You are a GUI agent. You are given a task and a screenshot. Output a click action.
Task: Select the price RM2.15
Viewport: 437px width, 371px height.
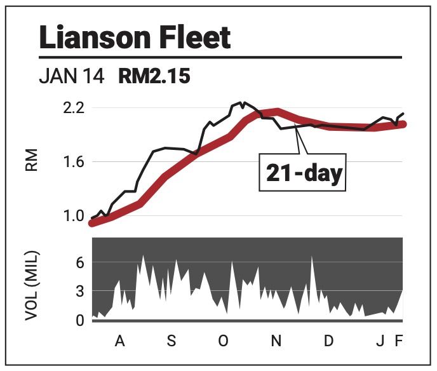click(154, 77)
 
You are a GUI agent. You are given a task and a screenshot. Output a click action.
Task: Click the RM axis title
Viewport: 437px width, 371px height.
click(33, 161)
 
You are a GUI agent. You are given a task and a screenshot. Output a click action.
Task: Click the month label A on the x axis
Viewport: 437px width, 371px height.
click(119, 342)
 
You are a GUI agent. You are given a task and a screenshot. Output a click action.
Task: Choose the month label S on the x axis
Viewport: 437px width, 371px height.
click(171, 342)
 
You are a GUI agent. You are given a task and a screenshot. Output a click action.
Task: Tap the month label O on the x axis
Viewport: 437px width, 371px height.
click(223, 342)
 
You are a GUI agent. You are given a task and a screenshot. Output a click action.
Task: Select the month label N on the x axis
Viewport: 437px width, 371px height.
click(276, 342)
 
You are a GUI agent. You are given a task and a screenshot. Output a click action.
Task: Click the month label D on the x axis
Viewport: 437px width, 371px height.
click(328, 342)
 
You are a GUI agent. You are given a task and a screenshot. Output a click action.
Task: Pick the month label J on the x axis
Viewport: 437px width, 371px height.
click(379, 342)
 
